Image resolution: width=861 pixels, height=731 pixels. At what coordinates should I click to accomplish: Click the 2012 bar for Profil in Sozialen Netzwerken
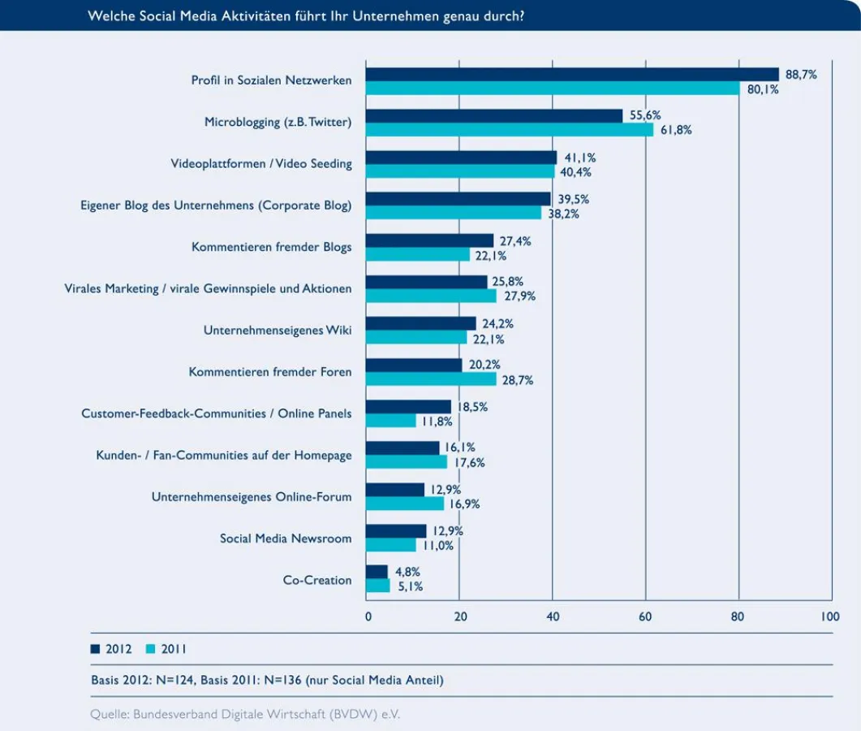(572, 74)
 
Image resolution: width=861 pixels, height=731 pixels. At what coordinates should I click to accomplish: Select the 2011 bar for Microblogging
(510, 130)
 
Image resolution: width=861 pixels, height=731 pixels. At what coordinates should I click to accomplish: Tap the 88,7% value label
(801, 75)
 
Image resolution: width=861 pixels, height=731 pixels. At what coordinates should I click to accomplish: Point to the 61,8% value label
(676, 130)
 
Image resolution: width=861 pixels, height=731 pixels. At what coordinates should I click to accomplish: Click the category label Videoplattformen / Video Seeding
(261, 163)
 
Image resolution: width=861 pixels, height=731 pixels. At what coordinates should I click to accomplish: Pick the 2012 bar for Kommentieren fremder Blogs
(430, 240)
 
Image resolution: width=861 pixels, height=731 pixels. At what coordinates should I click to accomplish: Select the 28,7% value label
(517, 379)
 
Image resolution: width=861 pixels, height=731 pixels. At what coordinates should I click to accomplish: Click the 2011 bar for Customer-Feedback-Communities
(391, 421)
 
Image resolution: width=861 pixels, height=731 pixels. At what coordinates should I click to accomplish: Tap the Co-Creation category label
(317, 580)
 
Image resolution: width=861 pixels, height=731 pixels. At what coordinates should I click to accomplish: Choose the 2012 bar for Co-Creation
(377, 572)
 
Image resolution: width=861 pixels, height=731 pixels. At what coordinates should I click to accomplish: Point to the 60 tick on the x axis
(645, 616)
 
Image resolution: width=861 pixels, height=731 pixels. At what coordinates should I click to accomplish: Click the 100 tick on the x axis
(830, 616)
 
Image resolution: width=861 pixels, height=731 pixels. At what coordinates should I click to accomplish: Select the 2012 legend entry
(112, 649)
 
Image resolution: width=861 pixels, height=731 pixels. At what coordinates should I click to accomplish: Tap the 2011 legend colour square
(150, 649)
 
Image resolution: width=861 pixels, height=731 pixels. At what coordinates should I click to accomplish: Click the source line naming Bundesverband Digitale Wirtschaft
(245, 715)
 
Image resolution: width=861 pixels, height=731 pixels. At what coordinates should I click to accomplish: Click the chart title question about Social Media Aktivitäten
(305, 16)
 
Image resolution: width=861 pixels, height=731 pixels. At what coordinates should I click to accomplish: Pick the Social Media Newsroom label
(286, 539)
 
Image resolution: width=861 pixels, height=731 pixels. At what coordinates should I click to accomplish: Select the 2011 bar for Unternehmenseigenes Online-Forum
(405, 504)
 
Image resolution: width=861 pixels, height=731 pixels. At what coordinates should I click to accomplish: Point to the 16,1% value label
(460, 447)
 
